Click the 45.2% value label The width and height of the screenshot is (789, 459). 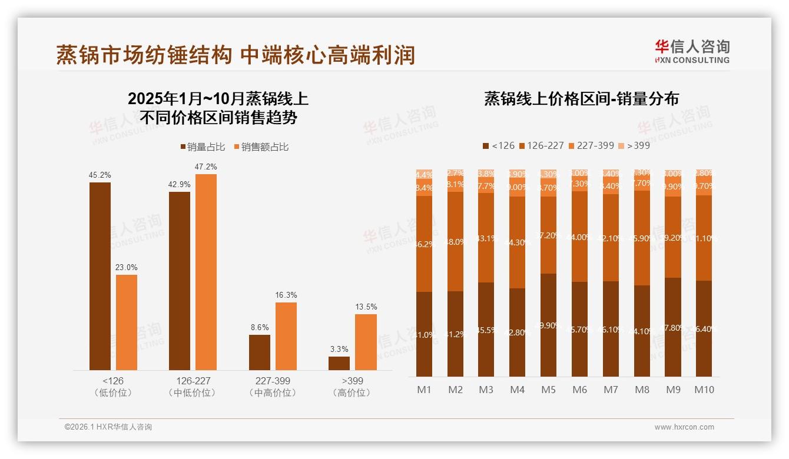click(100, 175)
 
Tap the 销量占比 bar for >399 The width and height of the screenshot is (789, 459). click(339, 363)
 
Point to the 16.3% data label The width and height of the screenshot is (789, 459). click(286, 295)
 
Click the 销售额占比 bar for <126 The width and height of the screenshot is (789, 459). click(127, 322)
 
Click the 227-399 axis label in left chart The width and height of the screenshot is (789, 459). click(273, 381)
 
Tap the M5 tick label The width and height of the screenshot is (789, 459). click(548, 390)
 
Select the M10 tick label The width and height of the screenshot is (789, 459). click(704, 390)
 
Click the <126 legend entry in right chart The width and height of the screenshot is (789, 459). click(498, 145)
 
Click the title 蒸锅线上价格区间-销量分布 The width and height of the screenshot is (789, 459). click(581, 98)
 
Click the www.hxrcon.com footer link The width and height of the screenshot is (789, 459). click(684, 427)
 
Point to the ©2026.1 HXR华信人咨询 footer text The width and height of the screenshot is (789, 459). click(108, 427)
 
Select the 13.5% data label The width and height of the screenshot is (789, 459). click(366, 307)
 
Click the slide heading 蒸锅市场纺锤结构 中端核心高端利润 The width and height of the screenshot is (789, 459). click(236, 55)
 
